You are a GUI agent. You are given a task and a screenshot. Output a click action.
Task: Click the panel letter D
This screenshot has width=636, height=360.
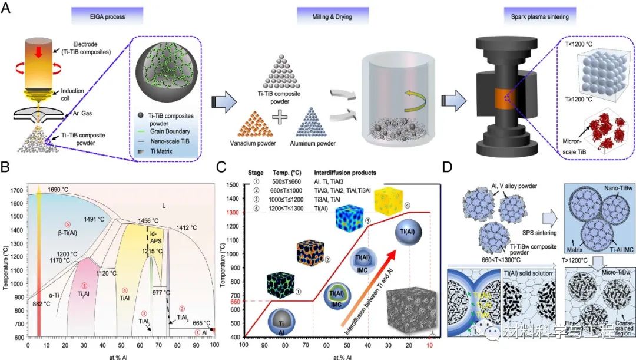click(x=447, y=167)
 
